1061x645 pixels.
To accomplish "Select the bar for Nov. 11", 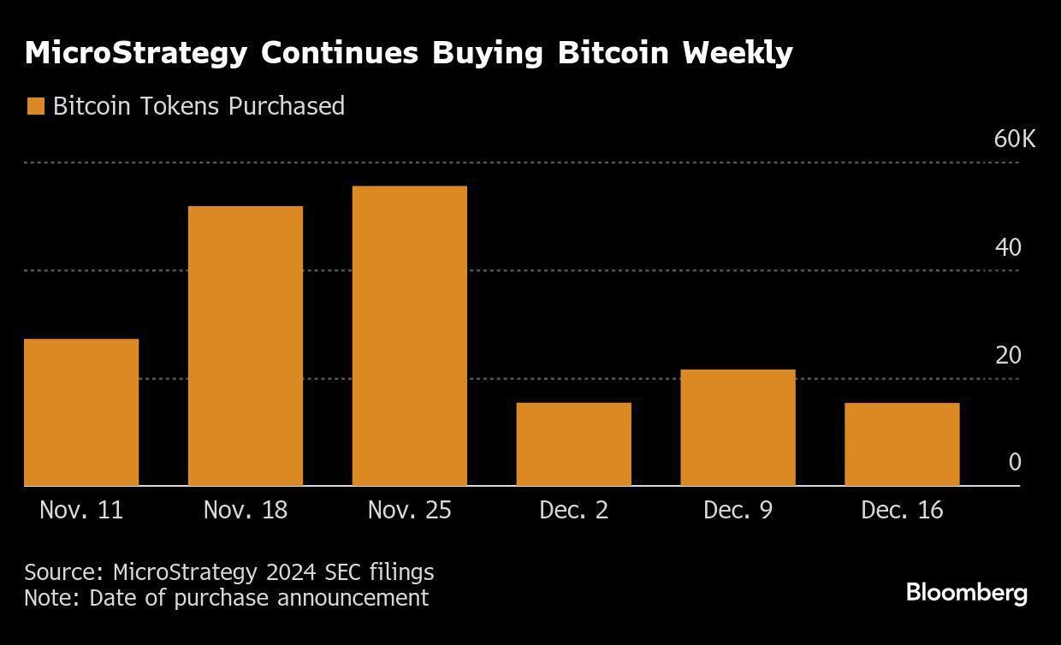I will [81, 412].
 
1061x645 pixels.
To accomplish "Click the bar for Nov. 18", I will [246, 346].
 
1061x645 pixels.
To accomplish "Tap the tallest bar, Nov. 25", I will [410, 335].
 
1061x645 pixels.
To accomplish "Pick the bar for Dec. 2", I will [574, 444].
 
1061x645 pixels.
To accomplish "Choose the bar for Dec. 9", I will [738, 428].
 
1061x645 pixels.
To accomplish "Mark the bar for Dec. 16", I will [902, 444].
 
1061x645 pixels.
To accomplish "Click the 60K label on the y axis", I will [1014, 139].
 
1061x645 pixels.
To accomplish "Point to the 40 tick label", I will [1008, 247].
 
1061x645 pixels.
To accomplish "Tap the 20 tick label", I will [1008, 355].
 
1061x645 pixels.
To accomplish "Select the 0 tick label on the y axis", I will [1015, 462].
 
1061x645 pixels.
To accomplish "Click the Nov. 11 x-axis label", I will [81, 511].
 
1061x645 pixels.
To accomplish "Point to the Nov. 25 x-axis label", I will [409, 511].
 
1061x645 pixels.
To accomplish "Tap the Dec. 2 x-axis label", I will [573, 511].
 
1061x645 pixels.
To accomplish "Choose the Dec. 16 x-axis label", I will [902, 511].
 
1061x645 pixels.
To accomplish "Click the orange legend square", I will [35, 106].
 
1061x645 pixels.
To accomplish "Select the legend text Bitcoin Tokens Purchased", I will [199, 106].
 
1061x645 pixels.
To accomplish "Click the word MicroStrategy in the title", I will [136, 53].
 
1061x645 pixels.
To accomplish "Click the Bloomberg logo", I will [967, 593].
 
